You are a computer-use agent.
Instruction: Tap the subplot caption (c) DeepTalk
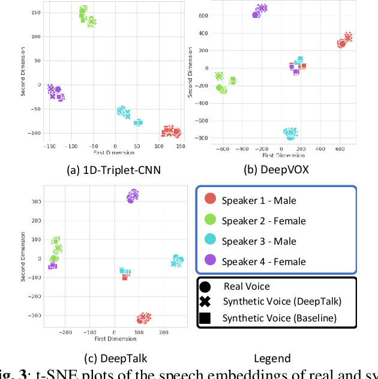pyautogui.click(x=116, y=359)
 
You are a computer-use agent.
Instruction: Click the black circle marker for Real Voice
pyautogui.click(x=205, y=287)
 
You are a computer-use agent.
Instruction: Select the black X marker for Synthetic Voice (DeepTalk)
pyautogui.click(x=205, y=302)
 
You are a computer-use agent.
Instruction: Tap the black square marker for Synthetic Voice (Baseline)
pyautogui.click(x=205, y=318)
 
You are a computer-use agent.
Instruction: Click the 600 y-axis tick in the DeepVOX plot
pyautogui.click(x=205, y=16)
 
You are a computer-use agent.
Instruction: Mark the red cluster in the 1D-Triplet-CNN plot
pyautogui.click(x=169, y=131)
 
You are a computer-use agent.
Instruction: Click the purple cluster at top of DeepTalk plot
pyautogui.click(x=133, y=196)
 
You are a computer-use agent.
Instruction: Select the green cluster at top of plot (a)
pyautogui.click(x=86, y=16)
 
